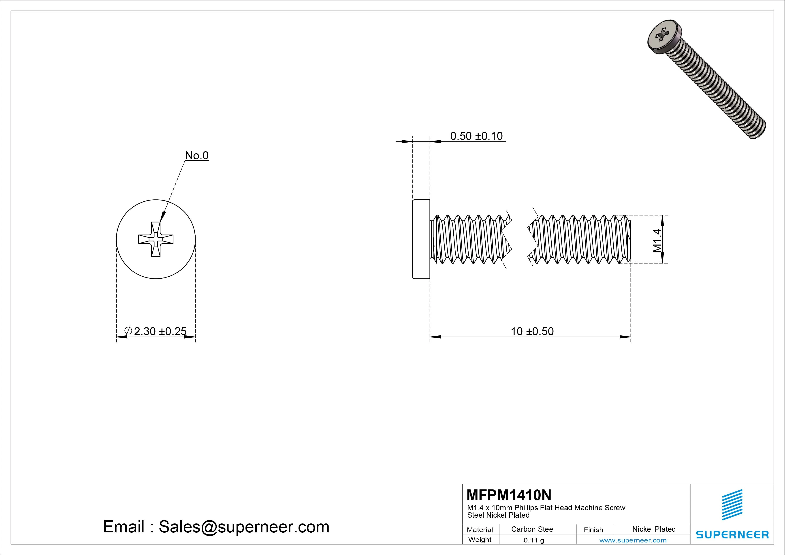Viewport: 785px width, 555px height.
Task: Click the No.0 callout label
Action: pyautogui.click(x=197, y=156)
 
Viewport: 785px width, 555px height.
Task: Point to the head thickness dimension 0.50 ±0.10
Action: pyautogui.click(x=476, y=136)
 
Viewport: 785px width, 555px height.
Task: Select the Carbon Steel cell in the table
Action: pyautogui.click(x=533, y=529)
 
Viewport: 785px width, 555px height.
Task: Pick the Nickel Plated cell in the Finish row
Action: pyautogui.click(x=654, y=529)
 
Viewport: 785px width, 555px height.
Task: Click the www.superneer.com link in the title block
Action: pyautogui.click(x=633, y=540)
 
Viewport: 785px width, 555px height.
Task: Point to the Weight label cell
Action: pyautogui.click(x=480, y=540)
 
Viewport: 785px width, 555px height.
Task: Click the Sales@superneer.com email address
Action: pyautogui.click(x=244, y=527)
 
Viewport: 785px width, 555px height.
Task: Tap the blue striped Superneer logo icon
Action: pyautogui.click(x=732, y=504)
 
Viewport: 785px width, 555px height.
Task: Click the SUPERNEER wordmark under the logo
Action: pyautogui.click(x=732, y=534)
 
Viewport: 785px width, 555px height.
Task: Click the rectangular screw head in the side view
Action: pyautogui.click(x=421, y=239)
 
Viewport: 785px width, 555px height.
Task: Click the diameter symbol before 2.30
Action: pyautogui.click(x=128, y=331)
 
